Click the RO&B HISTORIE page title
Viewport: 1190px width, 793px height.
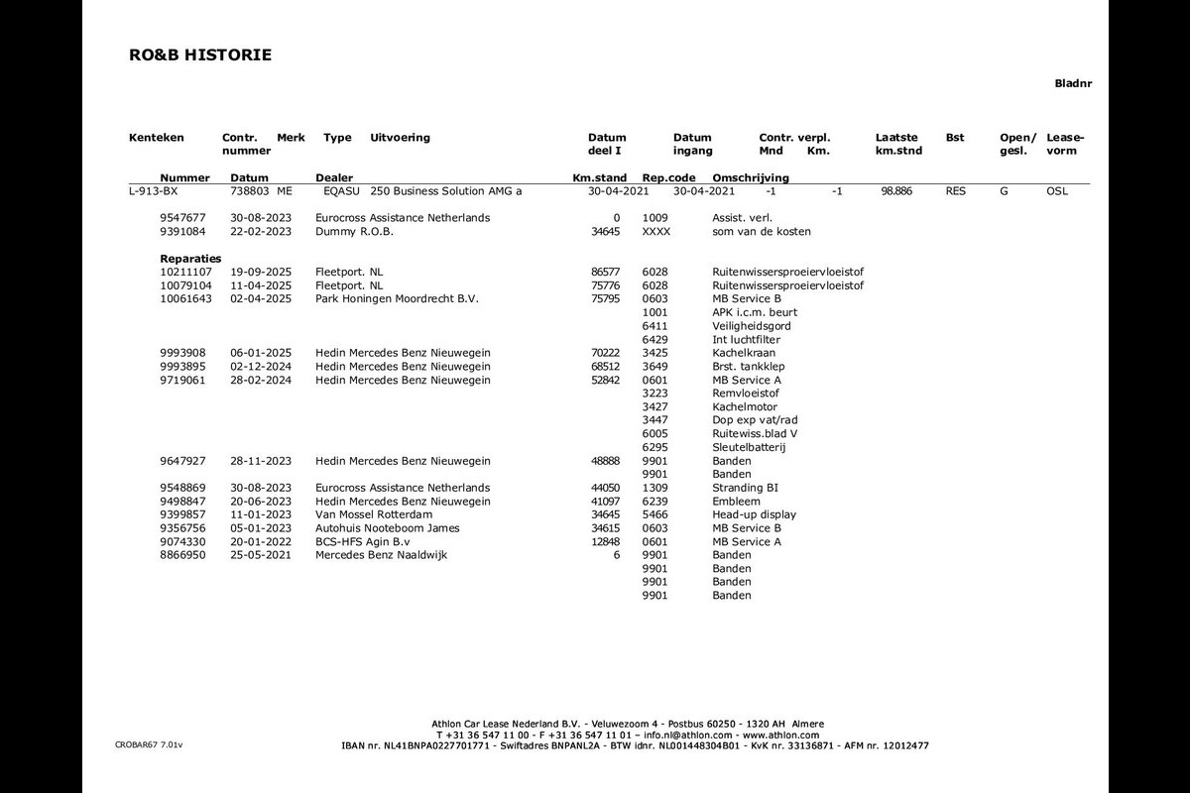tap(200, 56)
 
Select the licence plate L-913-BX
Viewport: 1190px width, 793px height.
tap(154, 190)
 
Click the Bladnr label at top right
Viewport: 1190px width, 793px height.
tap(1073, 84)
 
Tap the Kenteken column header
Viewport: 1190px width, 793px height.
tap(157, 138)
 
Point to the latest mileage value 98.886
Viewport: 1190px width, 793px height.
tap(896, 190)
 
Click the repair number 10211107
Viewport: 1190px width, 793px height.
tap(185, 272)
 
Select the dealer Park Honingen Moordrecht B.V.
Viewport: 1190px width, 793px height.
tap(397, 298)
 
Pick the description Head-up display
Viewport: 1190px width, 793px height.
tap(754, 514)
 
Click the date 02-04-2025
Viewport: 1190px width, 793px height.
tap(261, 298)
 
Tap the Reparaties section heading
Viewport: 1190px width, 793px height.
tap(190, 259)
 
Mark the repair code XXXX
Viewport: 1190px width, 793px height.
tap(656, 231)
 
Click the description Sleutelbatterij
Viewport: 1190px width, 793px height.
tap(749, 447)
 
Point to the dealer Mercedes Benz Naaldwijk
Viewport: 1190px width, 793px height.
tap(381, 555)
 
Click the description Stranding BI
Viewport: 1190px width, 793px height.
tap(745, 488)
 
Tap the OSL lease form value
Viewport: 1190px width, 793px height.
tap(1057, 190)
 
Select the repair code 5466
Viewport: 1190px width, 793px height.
tap(655, 514)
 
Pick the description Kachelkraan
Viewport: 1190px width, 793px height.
tap(744, 353)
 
